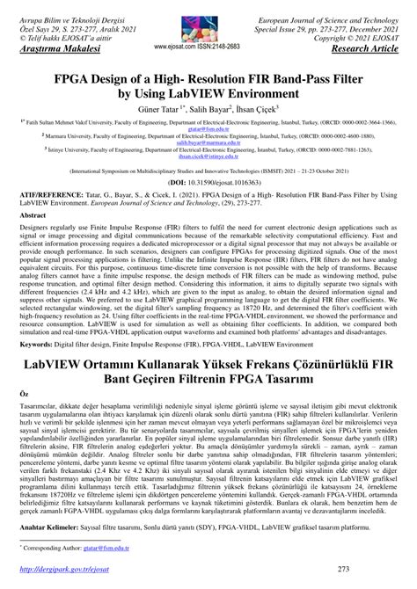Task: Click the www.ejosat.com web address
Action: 174,47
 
